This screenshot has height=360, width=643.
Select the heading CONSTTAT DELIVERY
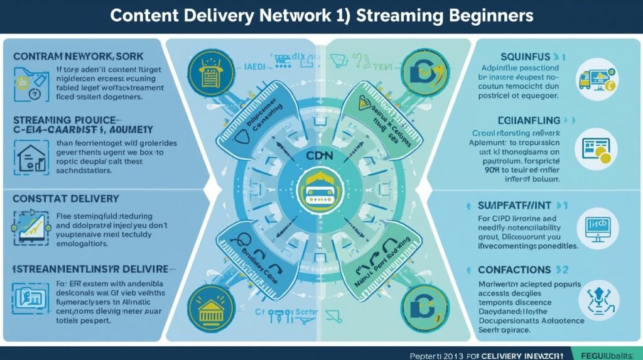(x=65, y=199)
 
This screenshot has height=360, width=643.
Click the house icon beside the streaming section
(x=31, y=156)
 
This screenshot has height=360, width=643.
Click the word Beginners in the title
(x=484, y=16)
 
